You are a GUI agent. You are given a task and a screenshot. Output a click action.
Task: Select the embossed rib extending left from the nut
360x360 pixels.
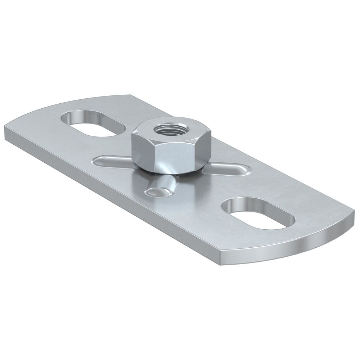[x=112, y=160]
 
